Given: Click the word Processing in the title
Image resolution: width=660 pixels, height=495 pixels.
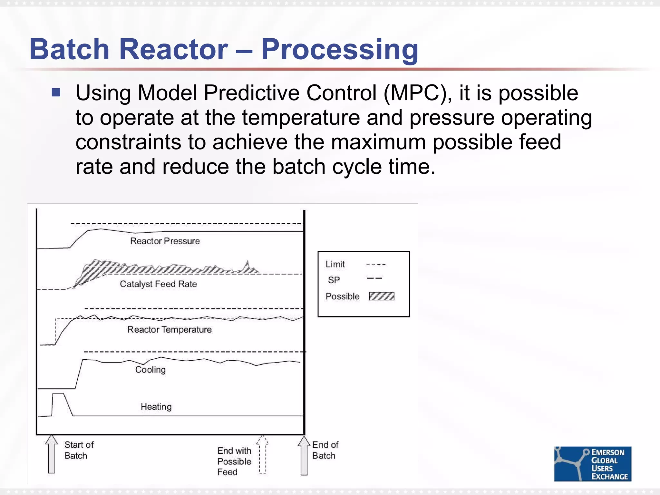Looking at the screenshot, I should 340,50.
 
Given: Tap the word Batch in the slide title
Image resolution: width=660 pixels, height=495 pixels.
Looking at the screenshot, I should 69,50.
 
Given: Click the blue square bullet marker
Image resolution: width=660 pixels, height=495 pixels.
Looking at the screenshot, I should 56,93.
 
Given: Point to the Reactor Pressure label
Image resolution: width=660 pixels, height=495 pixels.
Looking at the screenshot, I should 165,241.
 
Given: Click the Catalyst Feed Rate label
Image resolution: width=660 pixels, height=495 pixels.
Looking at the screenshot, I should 158,284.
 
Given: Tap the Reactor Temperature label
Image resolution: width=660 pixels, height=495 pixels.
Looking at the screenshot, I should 170,329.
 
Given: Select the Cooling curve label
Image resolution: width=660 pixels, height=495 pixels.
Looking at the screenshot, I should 150,370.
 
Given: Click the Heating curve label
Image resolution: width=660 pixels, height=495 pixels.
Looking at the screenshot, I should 156,407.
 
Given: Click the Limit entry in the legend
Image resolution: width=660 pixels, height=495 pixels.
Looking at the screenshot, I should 335,264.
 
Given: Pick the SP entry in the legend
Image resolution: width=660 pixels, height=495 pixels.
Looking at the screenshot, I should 334,280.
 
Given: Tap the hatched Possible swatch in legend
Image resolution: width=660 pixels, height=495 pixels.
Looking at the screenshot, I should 382,296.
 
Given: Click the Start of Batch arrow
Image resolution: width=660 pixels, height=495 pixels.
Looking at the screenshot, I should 52,454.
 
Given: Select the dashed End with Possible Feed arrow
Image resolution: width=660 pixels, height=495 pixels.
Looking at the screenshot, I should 263,454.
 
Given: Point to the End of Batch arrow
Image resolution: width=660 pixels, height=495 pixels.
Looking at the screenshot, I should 304,455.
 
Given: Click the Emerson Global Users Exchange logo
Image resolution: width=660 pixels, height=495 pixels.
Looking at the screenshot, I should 592,464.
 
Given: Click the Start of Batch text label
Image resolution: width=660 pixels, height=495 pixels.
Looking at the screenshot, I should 79,450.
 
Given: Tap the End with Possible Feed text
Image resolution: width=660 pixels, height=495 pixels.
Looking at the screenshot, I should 234,461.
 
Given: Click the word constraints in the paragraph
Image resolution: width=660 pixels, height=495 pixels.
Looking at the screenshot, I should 128,142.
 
